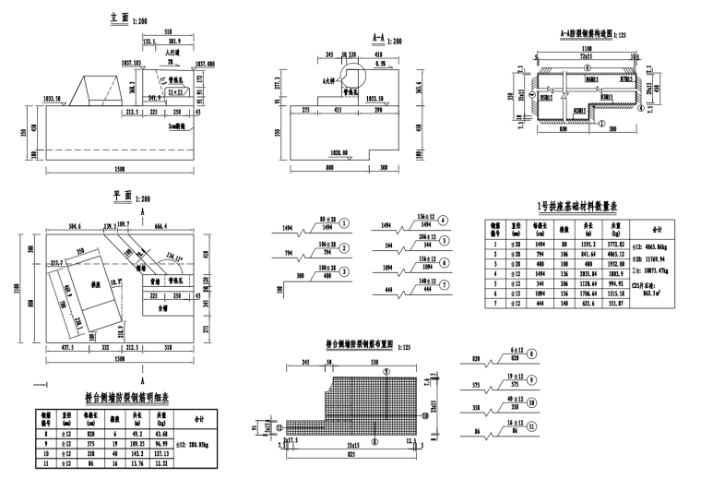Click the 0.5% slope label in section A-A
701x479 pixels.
(381, 66)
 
